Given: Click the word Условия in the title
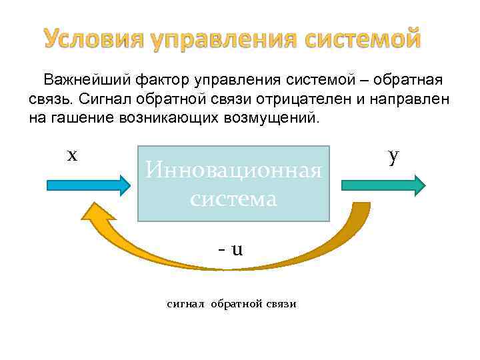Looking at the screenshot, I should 93,40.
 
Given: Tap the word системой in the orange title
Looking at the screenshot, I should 363,40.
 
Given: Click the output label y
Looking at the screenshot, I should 394,155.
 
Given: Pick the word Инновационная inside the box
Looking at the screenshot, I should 234,171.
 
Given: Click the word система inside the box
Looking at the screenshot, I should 233,199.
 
